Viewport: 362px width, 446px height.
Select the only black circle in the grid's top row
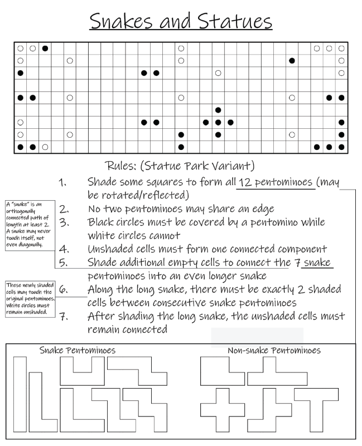tap(45, 49)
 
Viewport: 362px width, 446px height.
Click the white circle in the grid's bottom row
tap(45, 147)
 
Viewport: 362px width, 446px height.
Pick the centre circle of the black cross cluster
tap(218, 122)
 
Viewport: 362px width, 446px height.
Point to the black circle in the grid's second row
tap(292, 61)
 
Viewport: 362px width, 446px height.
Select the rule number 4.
tap(63, 248)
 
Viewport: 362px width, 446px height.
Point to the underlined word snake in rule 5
tap(318, 262)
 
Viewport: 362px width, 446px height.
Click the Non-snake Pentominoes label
tap(274, 351)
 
